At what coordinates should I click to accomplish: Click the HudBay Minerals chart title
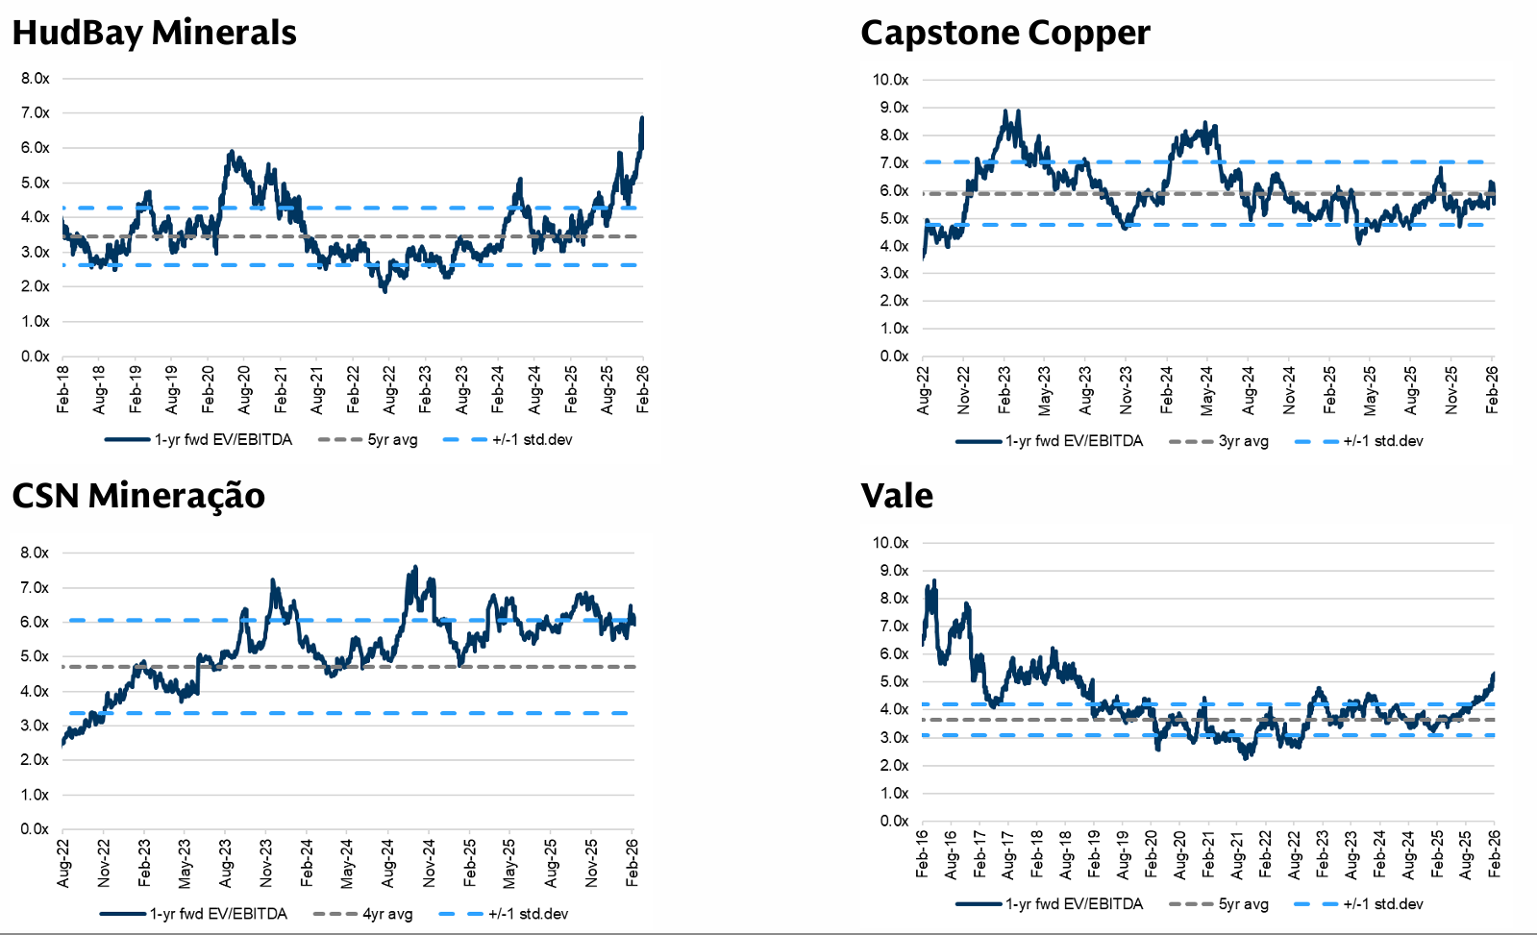pos(154,33)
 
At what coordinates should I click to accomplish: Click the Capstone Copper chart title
pos(1004,33)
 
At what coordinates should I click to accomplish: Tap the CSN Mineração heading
pos(138,496)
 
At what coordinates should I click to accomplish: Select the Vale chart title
pos(897,496)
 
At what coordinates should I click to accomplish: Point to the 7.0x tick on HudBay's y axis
pos(36,113)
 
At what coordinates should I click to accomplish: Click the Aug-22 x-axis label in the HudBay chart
pos(389,389)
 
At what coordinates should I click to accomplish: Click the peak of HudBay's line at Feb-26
pos(642,118)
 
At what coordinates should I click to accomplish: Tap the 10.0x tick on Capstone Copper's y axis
pos(890,80)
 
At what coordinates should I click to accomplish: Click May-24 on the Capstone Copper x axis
pos(1207,390)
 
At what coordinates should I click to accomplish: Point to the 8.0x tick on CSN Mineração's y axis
pos(36,554)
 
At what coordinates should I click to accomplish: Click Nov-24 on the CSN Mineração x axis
pos(429,863)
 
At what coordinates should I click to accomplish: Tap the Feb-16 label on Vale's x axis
pos(923,853)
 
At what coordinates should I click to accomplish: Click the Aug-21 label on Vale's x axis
pos(1237,853)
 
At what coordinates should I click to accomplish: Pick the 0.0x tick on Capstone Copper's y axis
pos(894,357)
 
